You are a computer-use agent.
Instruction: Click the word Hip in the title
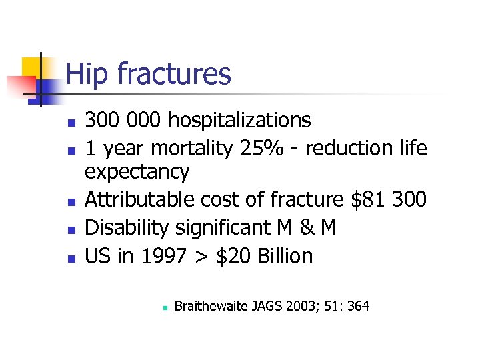(87, 74)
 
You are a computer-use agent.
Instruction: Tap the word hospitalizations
(239, 121)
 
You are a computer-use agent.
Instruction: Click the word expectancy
(137, 173)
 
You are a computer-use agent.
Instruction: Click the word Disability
(127, 228)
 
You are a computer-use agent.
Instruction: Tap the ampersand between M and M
(305, 228)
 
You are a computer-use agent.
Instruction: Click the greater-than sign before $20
(203, 257)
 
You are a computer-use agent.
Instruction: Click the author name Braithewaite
(212, 306)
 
